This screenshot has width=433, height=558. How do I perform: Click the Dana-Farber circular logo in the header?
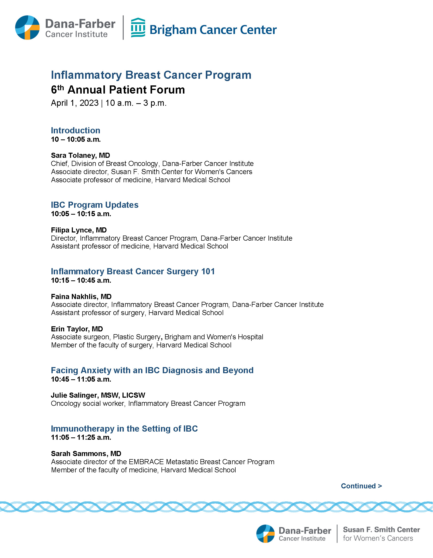pyautogui.click(x=27, y=28)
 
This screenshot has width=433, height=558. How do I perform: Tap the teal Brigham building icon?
pyautogui.click(x=138, y=28)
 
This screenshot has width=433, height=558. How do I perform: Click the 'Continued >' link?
pyautogui.click(x=361, y=486)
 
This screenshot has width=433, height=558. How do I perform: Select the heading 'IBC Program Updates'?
pyautogui.click(x=94, y=205)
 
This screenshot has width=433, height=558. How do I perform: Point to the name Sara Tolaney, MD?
pyautogui.click(x=80, y=155)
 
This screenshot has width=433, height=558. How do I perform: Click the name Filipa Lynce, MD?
pyautogui.click(x=79, y=230)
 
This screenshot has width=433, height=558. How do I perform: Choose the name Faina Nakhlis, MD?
pyautogui.click(x=81, y=296)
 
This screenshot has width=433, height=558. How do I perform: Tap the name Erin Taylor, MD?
pyautogui.click(x=77, y=329)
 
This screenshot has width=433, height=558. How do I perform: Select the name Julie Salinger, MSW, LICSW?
pyautogui.click(x=98, y=395)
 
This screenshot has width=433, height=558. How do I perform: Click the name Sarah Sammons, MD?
pyautogui.click(x=86, y=453)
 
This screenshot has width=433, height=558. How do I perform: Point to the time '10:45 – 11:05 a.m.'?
pyautogui.click(x=81, y=379)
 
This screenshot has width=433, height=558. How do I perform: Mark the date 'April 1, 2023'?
pyautogui.click(x=75, y=103)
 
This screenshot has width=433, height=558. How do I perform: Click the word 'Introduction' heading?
pyautogui.click(x=75, y=130)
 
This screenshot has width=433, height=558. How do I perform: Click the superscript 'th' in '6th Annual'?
pyautogui.click(x=60, y=87)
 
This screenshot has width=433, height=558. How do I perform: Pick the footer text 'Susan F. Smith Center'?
pyautogui.click(x=381, y=530)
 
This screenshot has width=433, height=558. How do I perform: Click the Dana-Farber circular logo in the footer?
pyautogui.click(x=265, y=534)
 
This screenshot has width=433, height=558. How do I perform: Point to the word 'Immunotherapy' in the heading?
pyautogui.click(x=83, y=429)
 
